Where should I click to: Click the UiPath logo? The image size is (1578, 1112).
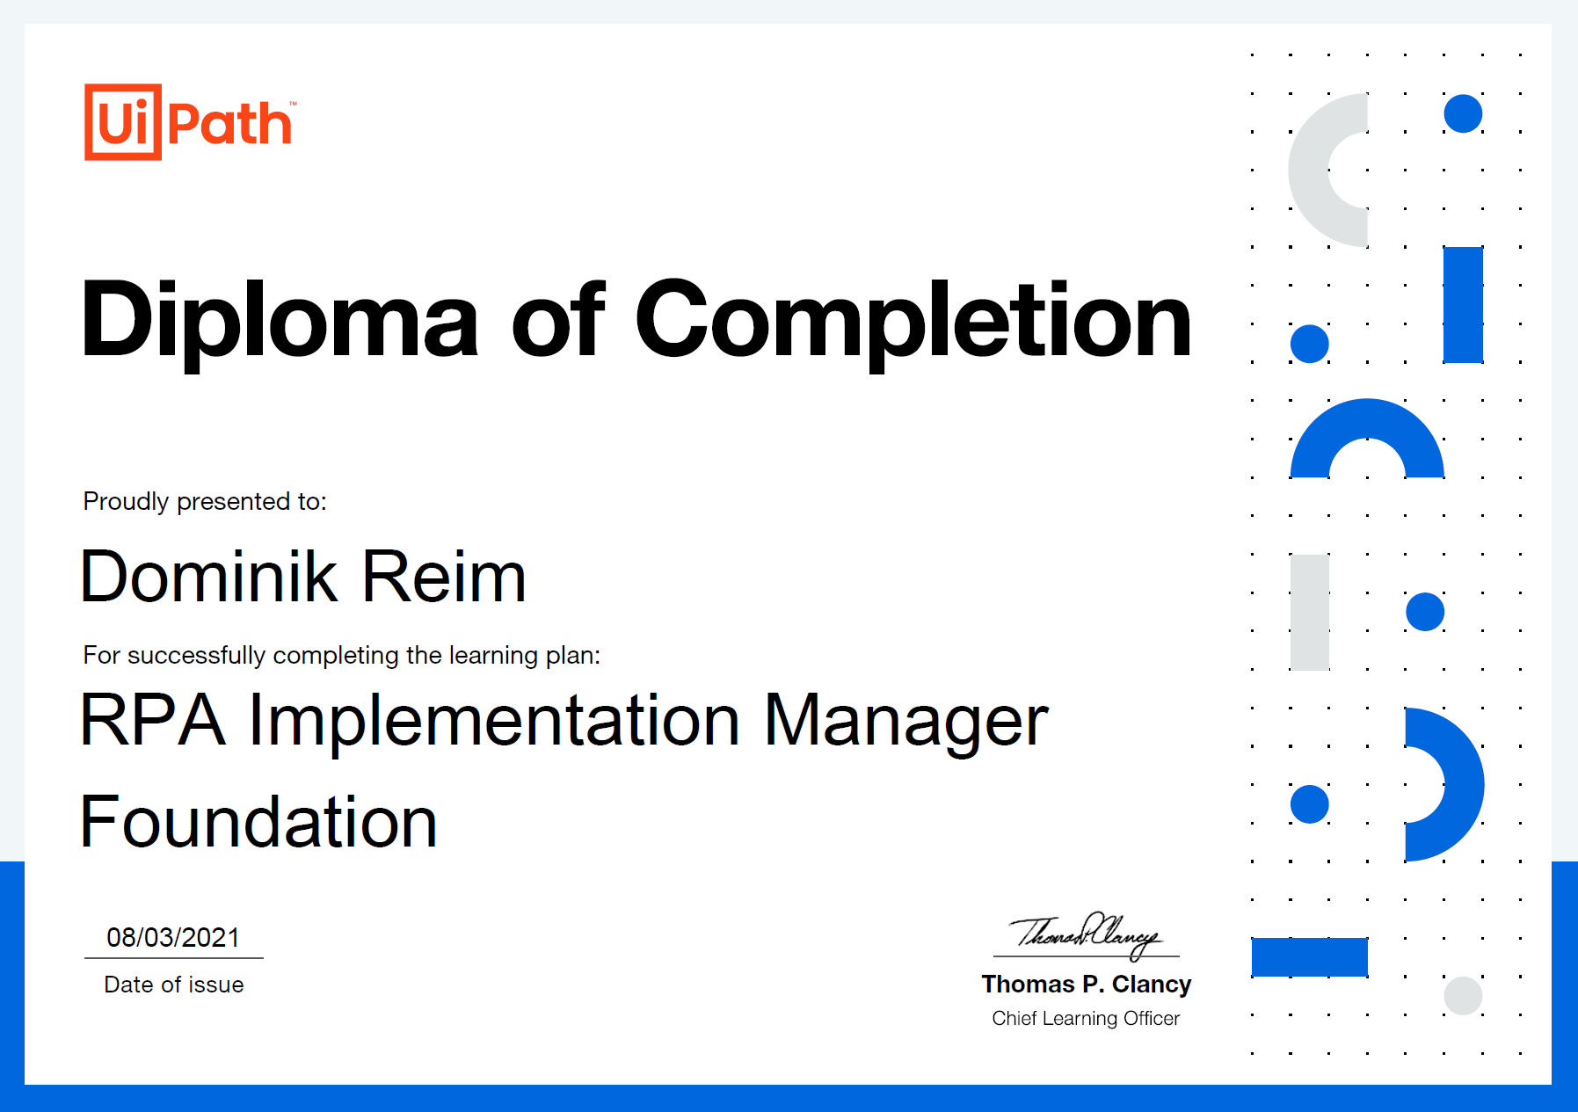point(190,122)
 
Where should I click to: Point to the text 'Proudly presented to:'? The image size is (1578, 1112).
point(205,501)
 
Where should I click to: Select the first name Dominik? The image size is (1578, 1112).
point(209,577)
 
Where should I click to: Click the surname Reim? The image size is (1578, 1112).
point(444,577)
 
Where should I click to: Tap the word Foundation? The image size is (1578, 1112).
point(258,822)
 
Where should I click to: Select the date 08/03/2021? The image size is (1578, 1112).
point(173,937)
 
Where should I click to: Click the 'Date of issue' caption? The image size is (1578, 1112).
point(174,985)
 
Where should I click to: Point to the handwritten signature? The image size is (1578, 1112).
point(1086,935)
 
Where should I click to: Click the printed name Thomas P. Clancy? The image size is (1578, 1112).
point(1087,985)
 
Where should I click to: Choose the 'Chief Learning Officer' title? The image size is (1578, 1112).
point(1086,1018)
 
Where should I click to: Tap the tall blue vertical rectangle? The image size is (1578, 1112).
point(1463,305)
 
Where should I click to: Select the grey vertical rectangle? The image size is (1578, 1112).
point(1310,613)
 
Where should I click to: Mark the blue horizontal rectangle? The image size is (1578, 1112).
point(1310,957)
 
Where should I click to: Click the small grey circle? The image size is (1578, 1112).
point(1463,996)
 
